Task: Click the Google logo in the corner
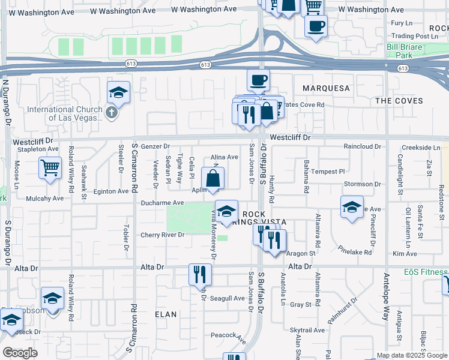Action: coord(20,353)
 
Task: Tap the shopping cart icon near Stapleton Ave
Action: coord(50,167)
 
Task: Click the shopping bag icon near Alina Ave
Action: coord(213,178)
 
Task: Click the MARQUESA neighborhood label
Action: coord(326,88)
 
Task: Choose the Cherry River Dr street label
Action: coord(162,235)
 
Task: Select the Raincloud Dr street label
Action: coord(363,146)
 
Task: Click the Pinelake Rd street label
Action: coord(355,250)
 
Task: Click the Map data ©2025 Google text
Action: coord(412,355)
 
